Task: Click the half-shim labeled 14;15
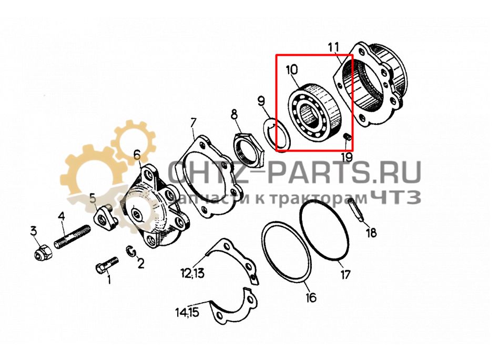click(229, 309)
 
